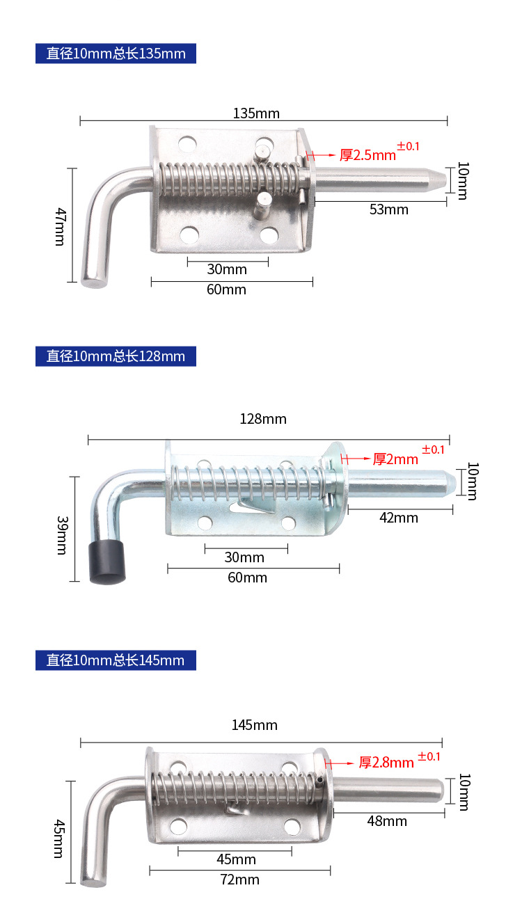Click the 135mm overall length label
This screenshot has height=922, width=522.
tap(256, 113)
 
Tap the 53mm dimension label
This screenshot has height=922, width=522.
tap(388, 209)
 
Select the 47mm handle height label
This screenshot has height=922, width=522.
tap(60, 226)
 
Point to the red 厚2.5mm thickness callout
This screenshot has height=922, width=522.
tap(367, 154)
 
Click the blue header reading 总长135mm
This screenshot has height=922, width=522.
tap(116, 54)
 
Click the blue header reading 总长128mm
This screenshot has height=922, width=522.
tap(116, 356)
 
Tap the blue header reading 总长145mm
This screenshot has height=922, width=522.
tap(116, 660)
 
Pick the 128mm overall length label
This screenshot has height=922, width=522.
tap(263, 419)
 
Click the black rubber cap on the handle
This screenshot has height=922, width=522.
tap(107, 562)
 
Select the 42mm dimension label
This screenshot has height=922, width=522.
tap(399, 518)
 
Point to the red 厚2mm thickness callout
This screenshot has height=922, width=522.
tap(395, 459)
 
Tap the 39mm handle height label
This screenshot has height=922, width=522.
tap(62, 535)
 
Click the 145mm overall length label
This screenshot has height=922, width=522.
tap(255, 725)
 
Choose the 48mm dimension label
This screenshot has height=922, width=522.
tap(387, 820)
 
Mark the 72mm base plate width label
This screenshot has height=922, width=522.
tap(239, 879)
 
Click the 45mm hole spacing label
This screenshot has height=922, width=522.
tap(237, 859)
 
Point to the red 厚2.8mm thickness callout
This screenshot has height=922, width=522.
tap(386, 762)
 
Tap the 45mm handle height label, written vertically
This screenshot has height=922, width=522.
tap(59, 838)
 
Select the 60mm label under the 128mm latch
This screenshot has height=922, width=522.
tap(247, 577)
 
